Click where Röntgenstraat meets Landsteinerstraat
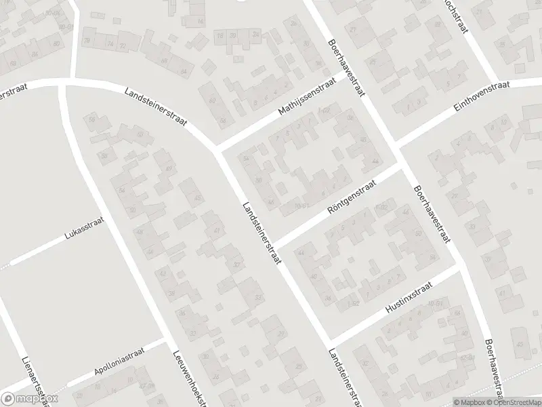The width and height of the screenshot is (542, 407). [x=275, y=244]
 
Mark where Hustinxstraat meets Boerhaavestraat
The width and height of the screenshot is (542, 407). [x=460, y=266]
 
